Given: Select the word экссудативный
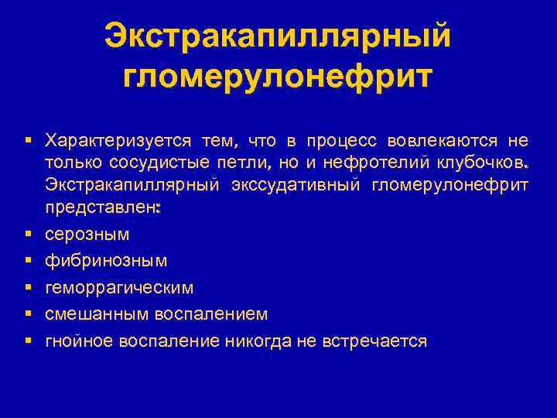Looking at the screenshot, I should [x=296, y=185].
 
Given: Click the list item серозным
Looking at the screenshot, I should [x=87, y=234].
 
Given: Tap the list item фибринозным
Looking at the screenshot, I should [x=106, y=261].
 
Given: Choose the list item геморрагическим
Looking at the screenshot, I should [x=120, y=288].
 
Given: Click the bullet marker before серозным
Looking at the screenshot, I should [x=28, y=234].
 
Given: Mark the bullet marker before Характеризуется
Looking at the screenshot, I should [x=28, y=140].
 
